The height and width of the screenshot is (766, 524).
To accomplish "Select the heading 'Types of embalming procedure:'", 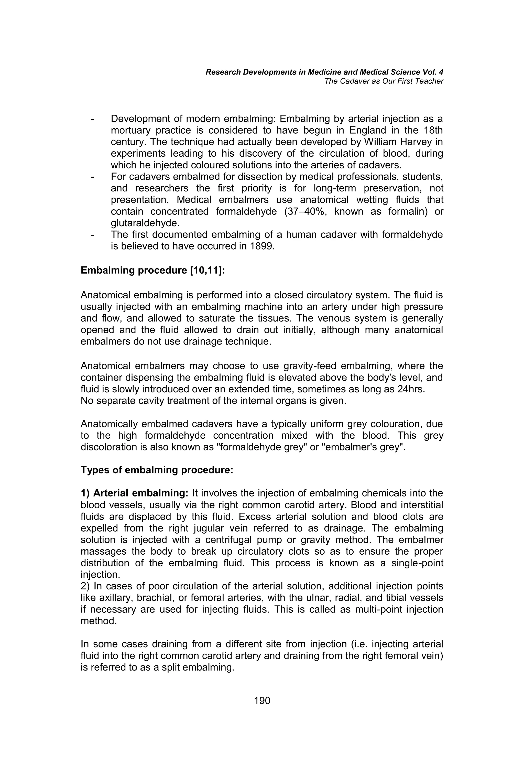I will point(157,470).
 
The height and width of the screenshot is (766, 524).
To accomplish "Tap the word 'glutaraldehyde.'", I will point(145,223).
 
